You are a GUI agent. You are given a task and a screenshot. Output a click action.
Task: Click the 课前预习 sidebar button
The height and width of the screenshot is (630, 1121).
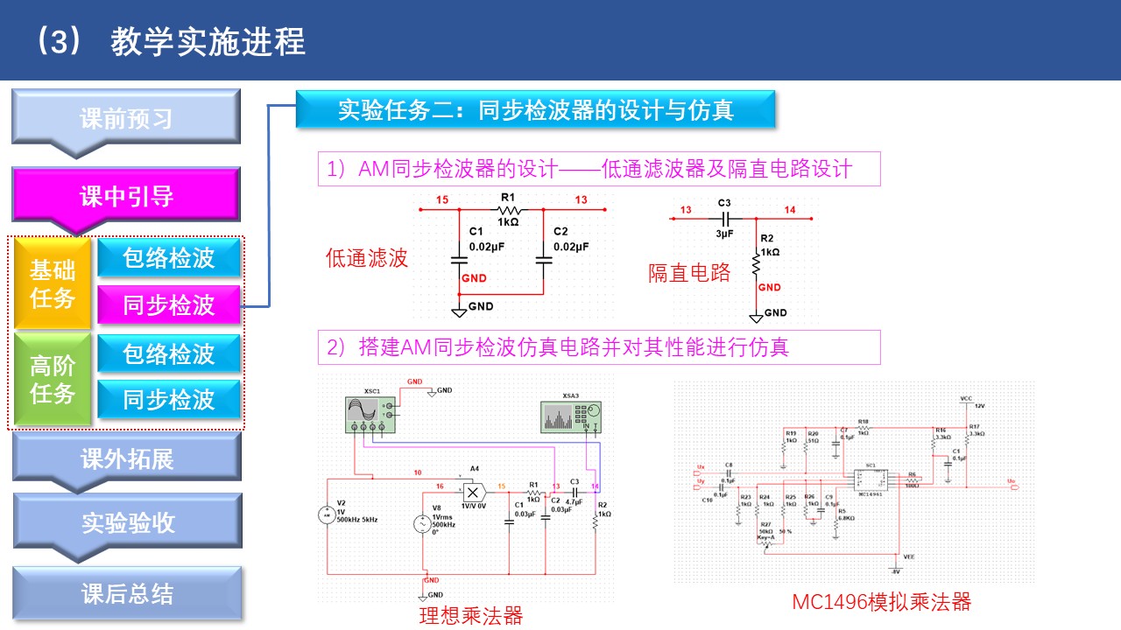tap(126, 118)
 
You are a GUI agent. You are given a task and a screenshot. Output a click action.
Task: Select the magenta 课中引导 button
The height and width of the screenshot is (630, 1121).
tap(126, 196)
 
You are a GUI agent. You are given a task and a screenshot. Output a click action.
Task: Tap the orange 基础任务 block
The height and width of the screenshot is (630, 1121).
tap(53, 283)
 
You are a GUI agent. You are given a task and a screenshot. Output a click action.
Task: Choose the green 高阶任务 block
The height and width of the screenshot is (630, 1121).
tap(53, 380)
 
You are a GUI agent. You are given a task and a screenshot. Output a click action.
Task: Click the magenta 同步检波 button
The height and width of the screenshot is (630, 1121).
tap(168, 305)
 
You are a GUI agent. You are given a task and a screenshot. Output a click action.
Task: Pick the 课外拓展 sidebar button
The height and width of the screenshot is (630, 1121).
tap(127, 458)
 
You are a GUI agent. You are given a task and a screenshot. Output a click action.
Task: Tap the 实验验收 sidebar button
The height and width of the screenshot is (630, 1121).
tap(128, 523)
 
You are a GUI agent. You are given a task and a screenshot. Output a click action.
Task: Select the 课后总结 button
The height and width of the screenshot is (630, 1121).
tap(127, 595)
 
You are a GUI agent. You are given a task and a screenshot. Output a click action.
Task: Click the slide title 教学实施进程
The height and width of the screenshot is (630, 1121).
tap(208, 41)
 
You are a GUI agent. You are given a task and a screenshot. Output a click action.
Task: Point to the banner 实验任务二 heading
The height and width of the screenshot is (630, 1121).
tap(535, 109)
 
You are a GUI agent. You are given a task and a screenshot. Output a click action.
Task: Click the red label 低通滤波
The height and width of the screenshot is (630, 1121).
tap(367, 258)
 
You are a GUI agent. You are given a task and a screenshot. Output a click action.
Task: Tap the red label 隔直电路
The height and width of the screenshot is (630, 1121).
tap(689, 273)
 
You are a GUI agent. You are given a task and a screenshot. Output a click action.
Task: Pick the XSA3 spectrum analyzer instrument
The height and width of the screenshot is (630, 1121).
tap(570, 416)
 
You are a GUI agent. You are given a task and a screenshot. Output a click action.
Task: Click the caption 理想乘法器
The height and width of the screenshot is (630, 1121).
tap(471, 616)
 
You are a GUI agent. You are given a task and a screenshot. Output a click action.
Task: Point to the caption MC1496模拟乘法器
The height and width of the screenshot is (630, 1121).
tap(881, 602)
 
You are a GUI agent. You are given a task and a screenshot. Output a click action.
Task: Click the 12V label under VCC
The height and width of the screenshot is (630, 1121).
tap(980, 406)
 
